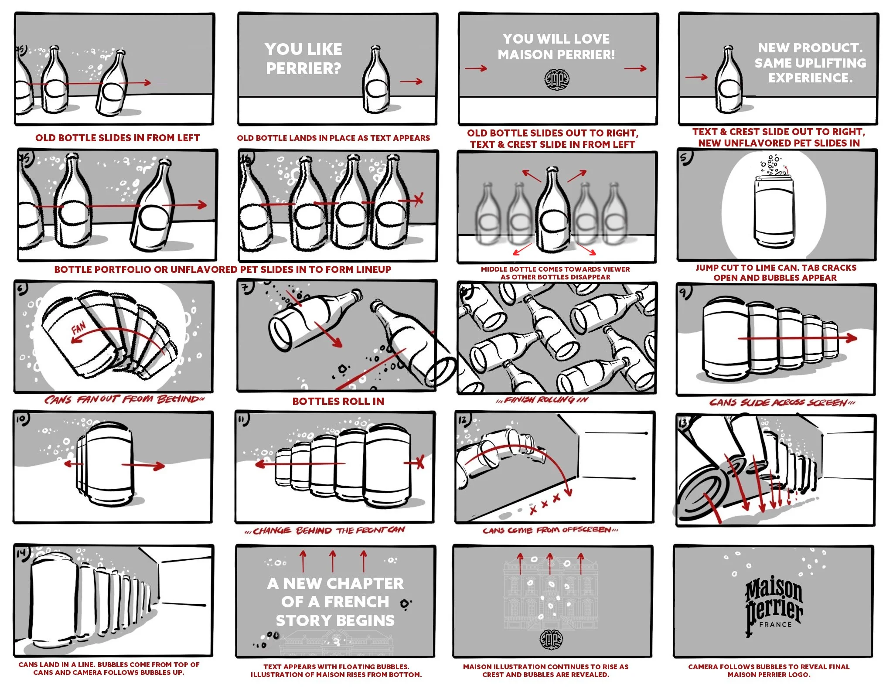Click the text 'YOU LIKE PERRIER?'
pyautogui.click(x=303, y=59)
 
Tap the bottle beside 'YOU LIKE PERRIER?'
pyautogui.click(x=376, y=81)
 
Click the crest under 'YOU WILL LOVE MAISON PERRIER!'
pyautogui.click(x=557, y=80)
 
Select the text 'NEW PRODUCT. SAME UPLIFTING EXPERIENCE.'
pyautogui.click(x=810, y=63)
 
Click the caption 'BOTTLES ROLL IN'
pyautogui.click(x=338, y=402)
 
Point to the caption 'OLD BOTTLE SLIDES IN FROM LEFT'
pyautogui.click(x=117, y=138)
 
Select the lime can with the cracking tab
pyautogui.click(x=774, y=209)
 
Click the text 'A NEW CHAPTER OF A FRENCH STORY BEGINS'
pyautogui.click(x=335, y=602)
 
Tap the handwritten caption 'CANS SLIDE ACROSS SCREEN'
pyautogui.click(x=782, y=402)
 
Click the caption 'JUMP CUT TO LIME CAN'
pyautogui.click(x=776, y=272)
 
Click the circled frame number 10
pyautogui.click(x=22, y=419)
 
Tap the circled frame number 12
pyautogui.click(x=463, y=420)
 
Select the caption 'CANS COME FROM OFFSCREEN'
pyautogui.click(x=550, y=530)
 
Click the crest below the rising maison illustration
pyautogui.click(x=551, y=639)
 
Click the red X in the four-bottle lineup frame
pyautogui.click(x=419, y=200)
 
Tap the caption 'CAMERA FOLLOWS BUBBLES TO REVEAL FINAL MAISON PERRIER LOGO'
pyautogui.click(x=769, y=670)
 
